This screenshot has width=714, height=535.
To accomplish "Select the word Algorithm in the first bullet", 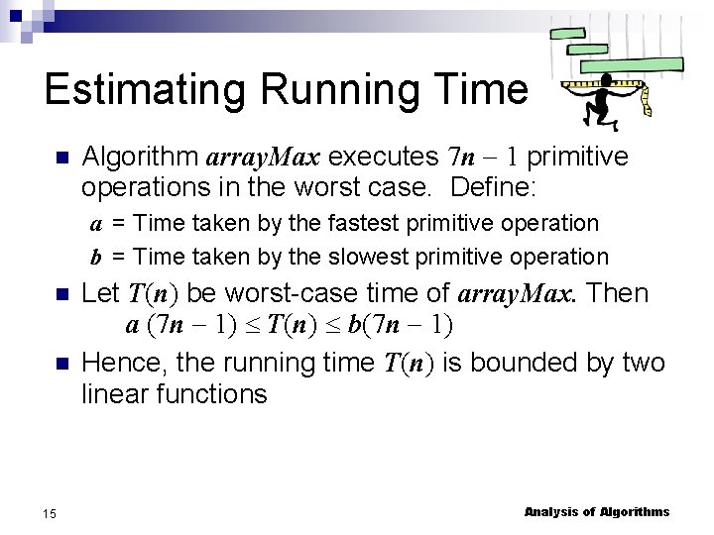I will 139,158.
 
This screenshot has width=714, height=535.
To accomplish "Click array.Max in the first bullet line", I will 263,158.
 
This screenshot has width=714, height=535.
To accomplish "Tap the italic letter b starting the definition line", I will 97,258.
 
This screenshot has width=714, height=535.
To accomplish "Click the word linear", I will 111,394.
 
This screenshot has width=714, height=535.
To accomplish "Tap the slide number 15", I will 50,512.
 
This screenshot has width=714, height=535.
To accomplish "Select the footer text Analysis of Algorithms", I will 596,512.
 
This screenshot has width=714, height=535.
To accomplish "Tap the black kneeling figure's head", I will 606,78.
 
